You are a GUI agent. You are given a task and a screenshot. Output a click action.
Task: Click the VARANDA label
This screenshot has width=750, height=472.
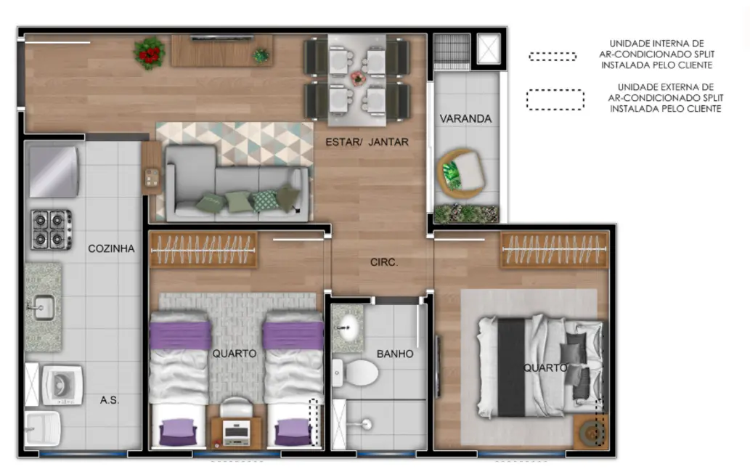465,118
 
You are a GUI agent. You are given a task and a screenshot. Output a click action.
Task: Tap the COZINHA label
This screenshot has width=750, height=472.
111,248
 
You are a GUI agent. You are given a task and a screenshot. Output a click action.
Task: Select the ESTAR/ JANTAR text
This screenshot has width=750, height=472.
367,142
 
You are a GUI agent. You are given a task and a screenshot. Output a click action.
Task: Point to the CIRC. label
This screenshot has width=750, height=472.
383,262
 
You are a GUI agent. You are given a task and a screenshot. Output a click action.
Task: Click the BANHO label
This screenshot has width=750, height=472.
395,354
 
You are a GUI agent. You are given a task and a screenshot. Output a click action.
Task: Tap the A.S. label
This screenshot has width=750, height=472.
110,400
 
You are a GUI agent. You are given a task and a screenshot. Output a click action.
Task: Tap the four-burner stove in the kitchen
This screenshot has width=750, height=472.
50,229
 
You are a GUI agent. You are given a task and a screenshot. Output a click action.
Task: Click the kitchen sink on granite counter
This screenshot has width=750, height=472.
41,308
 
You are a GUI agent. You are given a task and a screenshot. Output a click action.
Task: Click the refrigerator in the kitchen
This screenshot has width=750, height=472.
52,171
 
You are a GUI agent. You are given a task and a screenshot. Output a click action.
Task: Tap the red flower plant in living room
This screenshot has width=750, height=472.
149,53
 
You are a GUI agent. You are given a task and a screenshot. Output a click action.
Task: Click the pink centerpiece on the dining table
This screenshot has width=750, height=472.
357,77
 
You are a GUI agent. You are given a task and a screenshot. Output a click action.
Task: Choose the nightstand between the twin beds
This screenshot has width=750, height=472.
235,431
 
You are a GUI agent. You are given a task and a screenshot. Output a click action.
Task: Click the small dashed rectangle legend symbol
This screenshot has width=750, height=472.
553,56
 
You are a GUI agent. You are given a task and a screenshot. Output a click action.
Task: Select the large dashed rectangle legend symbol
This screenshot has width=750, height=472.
555,99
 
